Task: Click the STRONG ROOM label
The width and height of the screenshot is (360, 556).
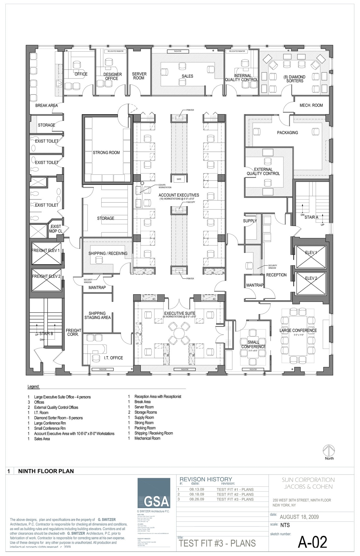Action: pos(106,153)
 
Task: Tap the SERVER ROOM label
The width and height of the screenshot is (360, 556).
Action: pos(139,76)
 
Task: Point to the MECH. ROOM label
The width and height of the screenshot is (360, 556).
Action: pos(311,105)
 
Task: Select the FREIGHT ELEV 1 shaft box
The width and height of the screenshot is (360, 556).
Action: pos(46,254)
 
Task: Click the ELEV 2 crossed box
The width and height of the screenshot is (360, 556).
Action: pos(311,283)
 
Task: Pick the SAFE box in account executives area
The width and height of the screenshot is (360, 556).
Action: pos(179,179)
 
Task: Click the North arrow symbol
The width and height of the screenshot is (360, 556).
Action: pos(329,451)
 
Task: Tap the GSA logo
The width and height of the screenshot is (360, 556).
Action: pos(154,493)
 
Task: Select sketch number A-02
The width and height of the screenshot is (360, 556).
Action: pos(312,542)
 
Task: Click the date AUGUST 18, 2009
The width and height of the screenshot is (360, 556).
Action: pos(299,517)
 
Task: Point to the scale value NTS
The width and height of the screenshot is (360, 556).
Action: pos(285,525)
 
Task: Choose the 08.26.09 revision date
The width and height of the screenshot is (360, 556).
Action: pos(197,499)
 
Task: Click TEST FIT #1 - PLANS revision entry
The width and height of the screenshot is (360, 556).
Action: pos(235,489)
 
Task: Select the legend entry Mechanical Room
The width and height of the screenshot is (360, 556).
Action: pos(147,438)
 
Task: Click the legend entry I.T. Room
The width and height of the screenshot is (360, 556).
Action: pos(41,413)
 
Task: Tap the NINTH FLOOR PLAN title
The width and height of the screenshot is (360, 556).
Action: pos(46,471)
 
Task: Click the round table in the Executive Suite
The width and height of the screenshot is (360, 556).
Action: pos(179,333)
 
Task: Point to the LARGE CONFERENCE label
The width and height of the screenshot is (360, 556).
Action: pos(298,330)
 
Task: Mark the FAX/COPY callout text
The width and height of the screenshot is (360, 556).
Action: pos(190,202)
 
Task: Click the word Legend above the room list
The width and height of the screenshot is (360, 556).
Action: pos(33,387)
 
